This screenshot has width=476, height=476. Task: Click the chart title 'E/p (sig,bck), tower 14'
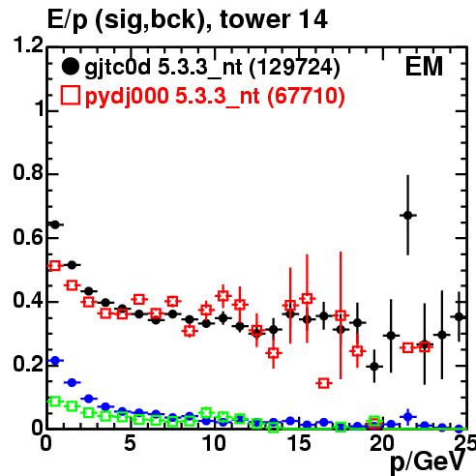click(188, 20)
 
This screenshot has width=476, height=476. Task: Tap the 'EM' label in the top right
click(424, 67)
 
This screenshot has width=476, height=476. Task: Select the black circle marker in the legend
click(71, 67)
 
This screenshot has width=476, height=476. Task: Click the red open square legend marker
click(71, 96)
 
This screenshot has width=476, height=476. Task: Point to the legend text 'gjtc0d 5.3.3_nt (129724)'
click(212, 68)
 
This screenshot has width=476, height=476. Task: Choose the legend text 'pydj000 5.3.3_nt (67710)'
click(215, 97)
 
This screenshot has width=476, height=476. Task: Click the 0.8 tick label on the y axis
click(28, 172)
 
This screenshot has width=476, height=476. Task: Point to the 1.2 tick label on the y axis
click(28, 45)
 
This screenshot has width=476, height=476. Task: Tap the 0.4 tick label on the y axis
click(28, 300)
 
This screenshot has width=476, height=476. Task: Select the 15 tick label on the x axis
click(299, 443)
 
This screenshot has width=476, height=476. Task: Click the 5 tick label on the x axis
click(130, 443)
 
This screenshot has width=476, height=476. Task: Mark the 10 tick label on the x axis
click(214, 443)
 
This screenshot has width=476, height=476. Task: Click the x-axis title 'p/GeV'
click(428, 462)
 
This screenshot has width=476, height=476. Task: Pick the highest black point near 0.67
click(408, 215)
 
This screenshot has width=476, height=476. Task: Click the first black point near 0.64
click(55, 224)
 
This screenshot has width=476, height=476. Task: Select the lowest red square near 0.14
click(324, 383)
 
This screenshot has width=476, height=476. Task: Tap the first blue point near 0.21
click(55, 360)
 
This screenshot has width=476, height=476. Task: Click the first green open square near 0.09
click(55, 402)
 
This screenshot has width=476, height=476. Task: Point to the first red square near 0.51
click(55, 266)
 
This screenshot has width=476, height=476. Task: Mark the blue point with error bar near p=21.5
click(408, 417)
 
